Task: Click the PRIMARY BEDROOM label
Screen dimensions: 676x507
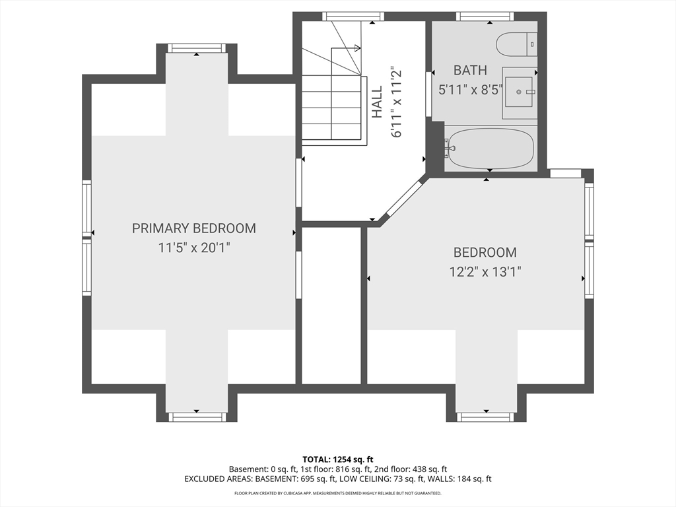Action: point(194,228)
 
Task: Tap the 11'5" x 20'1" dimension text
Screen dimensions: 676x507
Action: point(194,248)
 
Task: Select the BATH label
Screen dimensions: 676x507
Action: point(470,70)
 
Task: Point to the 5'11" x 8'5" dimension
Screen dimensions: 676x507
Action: point(471,90)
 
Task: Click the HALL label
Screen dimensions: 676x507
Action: point(377,102)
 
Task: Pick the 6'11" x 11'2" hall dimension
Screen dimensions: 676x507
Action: point(396,102)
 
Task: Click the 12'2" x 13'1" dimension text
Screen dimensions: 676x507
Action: point(485,272)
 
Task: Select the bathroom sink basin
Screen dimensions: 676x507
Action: point(519,92)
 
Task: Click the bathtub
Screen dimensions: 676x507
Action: point(490,149)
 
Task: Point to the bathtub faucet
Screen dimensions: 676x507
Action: point(449,149)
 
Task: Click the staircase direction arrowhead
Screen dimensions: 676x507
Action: point(357,48)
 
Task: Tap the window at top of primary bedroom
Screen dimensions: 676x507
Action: point(197,48)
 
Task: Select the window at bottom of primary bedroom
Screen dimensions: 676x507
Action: point(197,417)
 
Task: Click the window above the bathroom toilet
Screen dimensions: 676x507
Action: point(485,17)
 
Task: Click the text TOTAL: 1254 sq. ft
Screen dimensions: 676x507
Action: point(337,459)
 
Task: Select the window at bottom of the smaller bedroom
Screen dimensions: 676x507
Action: point(486,417)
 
